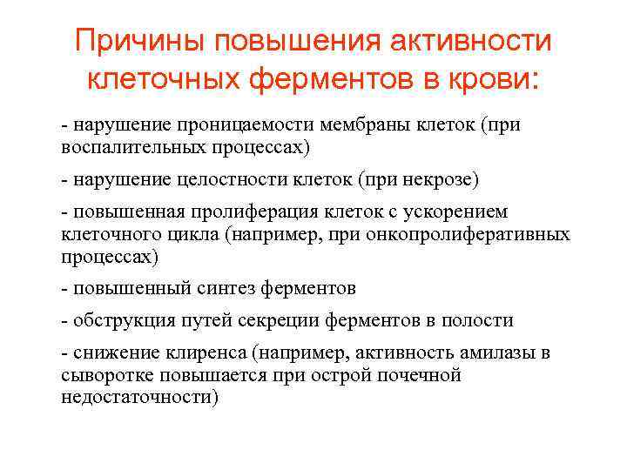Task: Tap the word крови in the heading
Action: coord(496,80)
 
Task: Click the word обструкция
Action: coord(118,321)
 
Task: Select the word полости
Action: coord(482,321)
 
